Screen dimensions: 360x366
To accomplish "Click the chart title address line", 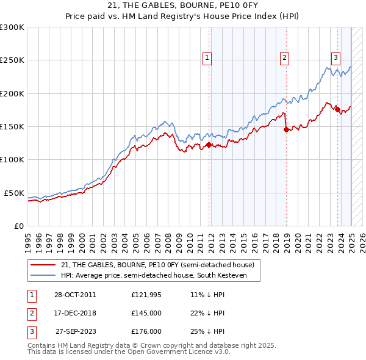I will pos(183,6).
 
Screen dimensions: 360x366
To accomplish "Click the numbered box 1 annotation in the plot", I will pos(207,58).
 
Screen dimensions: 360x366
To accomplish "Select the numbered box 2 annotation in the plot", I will pos(284,58).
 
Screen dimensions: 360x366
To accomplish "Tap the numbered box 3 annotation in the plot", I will pos(335,58).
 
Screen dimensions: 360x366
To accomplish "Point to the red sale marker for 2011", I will pos(209,145).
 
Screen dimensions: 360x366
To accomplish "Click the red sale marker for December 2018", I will pos(286,129).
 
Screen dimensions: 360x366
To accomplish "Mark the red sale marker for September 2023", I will pos(337,109).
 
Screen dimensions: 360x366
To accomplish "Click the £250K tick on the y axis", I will pos(12,60).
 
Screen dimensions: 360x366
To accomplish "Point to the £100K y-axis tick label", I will pos(12,159).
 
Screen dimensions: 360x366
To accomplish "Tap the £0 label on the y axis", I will pos(18,226).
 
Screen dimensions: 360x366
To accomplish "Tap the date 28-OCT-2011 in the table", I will pos(74,295).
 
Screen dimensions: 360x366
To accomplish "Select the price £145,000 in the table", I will pos(146,313).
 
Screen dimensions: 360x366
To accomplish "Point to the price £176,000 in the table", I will pos(146,331).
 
